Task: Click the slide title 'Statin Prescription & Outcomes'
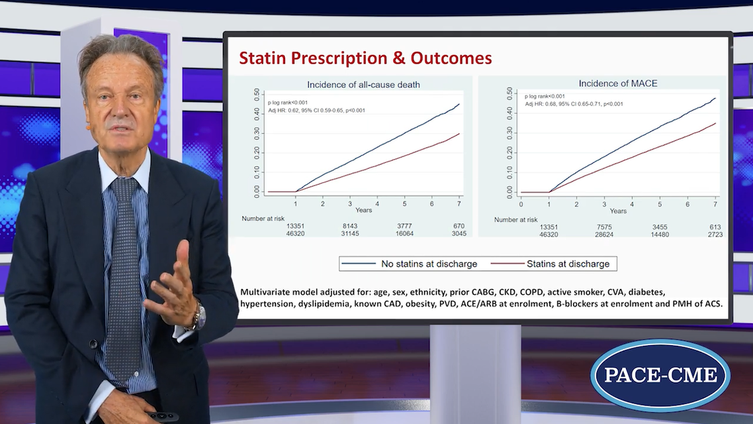click(365, 58)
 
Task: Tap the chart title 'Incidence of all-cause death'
click(363, 84)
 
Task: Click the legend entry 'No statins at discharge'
click(429, 264)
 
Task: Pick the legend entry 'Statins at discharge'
click(568, 264)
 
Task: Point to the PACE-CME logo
click(660, 375)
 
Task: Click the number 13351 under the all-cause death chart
click(296, 226)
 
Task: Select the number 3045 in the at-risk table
click(459, 234)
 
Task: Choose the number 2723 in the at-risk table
click(715, 235)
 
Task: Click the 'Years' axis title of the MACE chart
click(618, 211)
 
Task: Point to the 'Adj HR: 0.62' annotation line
click(316, 111)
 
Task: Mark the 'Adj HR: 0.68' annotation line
click(574, 104)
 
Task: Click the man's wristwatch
click(195, 316)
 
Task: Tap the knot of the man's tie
click(124, 189)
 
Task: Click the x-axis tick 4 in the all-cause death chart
click(377, 202)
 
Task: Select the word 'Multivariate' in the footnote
click(267, 292)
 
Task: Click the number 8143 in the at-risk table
click(349, 226)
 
